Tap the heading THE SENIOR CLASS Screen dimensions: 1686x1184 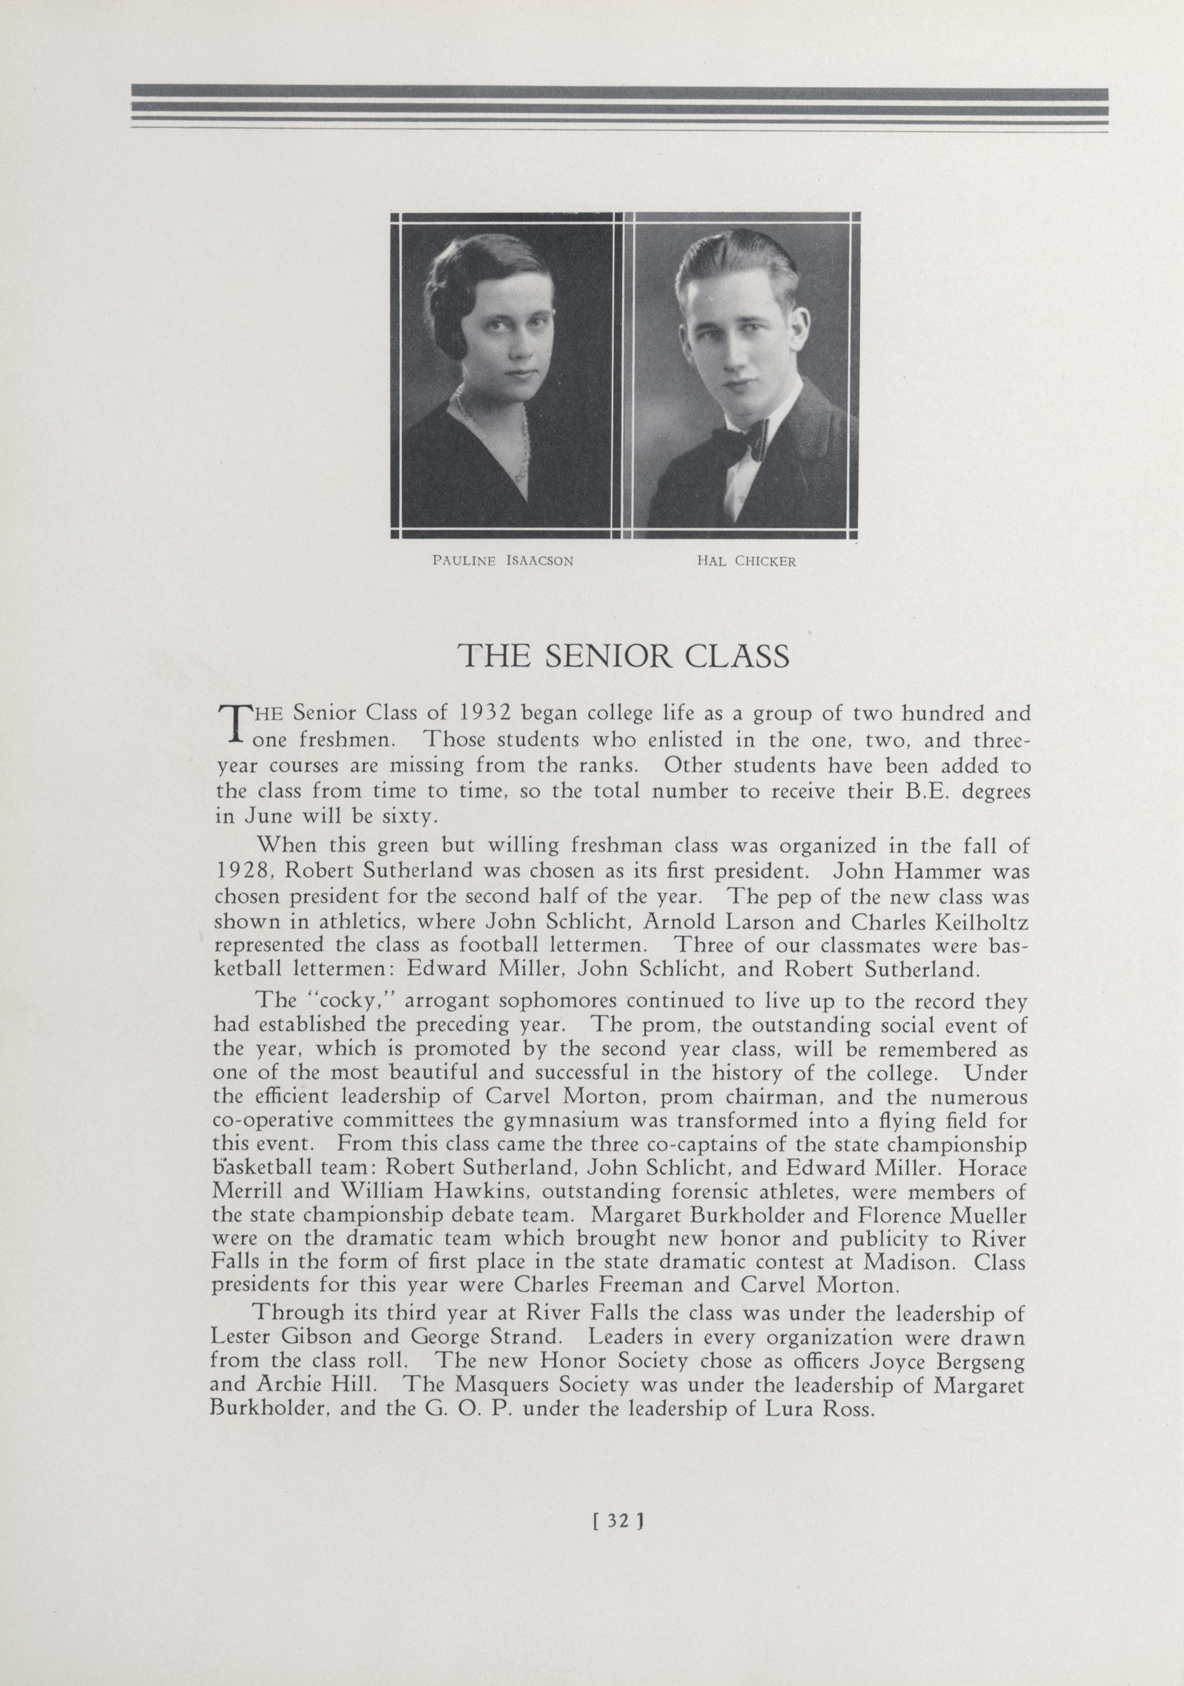coord(623,655)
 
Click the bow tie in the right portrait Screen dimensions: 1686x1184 coord(738,441)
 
